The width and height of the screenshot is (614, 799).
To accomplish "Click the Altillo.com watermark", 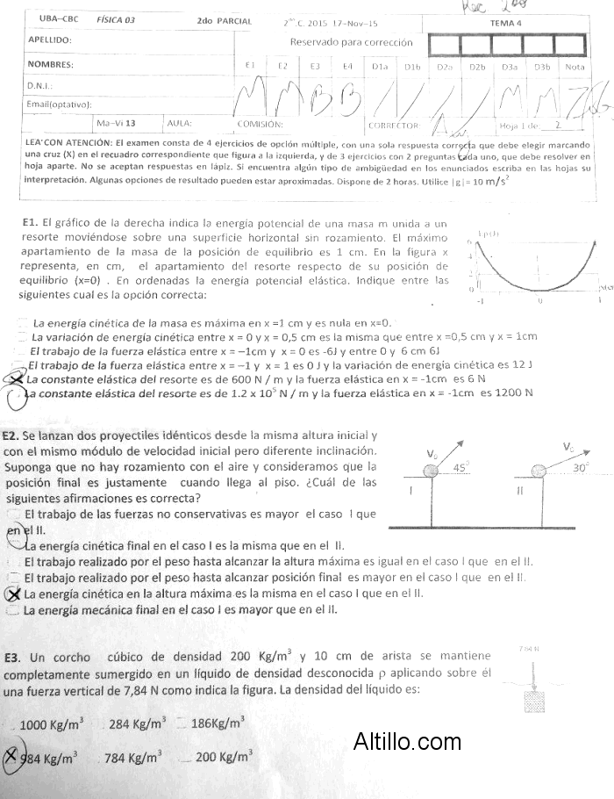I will pos(407,743).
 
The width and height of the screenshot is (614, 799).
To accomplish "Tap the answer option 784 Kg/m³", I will pos(132,758).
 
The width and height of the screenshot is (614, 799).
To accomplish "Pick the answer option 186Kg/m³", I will pos(217,724).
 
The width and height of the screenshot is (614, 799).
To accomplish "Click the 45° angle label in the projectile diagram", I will pos(461,468).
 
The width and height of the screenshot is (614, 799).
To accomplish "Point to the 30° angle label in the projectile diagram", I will pos(580,468).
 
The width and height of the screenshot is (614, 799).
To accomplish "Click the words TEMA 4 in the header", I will pos(506,24).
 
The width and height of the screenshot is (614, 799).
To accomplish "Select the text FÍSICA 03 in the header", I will pos(116,20).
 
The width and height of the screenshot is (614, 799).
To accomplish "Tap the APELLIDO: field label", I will pos(50,40).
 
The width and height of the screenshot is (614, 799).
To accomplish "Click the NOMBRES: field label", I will pos(50,64).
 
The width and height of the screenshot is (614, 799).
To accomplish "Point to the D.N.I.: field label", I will pos(41,86).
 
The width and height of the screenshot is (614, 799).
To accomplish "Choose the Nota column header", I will pos(575,66).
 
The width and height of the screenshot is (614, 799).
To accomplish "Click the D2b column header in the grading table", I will pos(477,66).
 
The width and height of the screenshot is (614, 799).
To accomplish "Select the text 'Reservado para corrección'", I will pos(350,42).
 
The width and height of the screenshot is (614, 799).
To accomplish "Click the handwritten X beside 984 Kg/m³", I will pos(11,757).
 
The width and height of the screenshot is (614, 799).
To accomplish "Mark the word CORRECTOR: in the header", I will pos(389,126).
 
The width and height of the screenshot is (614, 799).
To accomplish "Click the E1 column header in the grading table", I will pos(250,66).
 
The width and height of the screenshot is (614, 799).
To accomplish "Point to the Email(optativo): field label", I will pos(60,104).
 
